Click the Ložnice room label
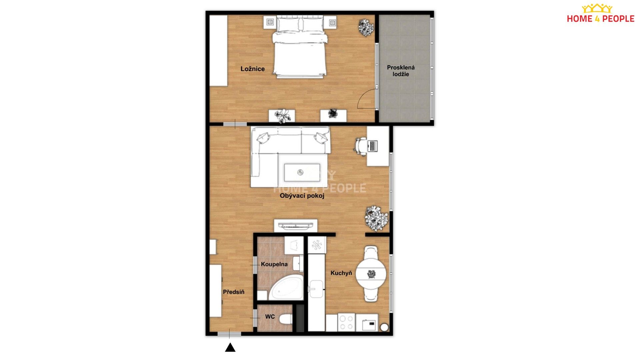253,69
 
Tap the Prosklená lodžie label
401,71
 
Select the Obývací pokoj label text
302,196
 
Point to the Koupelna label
274,264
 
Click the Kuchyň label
341,273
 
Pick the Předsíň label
233,292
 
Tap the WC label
270,317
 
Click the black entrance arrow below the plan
230,348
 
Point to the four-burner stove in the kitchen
346,322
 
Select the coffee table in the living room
302,172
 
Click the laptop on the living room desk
372,146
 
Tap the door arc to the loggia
366,99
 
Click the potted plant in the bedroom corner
366,27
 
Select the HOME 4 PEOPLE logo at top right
600,14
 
